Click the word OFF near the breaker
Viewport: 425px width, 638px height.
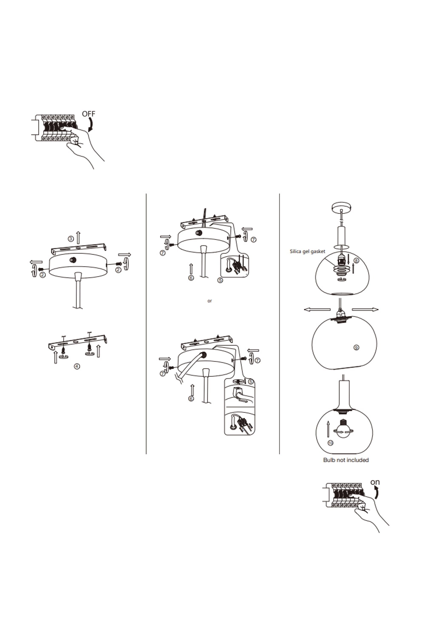(x=88, y=114)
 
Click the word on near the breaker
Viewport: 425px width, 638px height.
(x=375, y=482)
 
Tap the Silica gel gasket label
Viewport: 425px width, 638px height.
(x=307, y=251)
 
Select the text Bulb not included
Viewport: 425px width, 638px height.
(x=346, y=460)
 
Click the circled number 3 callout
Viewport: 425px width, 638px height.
(x=71, y=239)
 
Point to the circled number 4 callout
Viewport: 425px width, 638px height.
(x=77, y=366)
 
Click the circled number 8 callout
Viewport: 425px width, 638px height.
(x=356, y=261)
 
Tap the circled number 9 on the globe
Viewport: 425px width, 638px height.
(x=357, y=347)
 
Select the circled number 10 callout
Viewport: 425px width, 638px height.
(x=330, y=443)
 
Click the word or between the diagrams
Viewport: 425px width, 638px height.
(x=210, y=301)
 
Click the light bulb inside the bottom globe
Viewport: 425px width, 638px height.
(x=344, y=432)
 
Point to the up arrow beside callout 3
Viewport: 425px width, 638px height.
(x=78, y=237)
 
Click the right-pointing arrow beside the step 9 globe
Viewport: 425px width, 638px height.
(x=365, y=310)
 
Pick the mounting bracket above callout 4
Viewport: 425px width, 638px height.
(x=78, y=342)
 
